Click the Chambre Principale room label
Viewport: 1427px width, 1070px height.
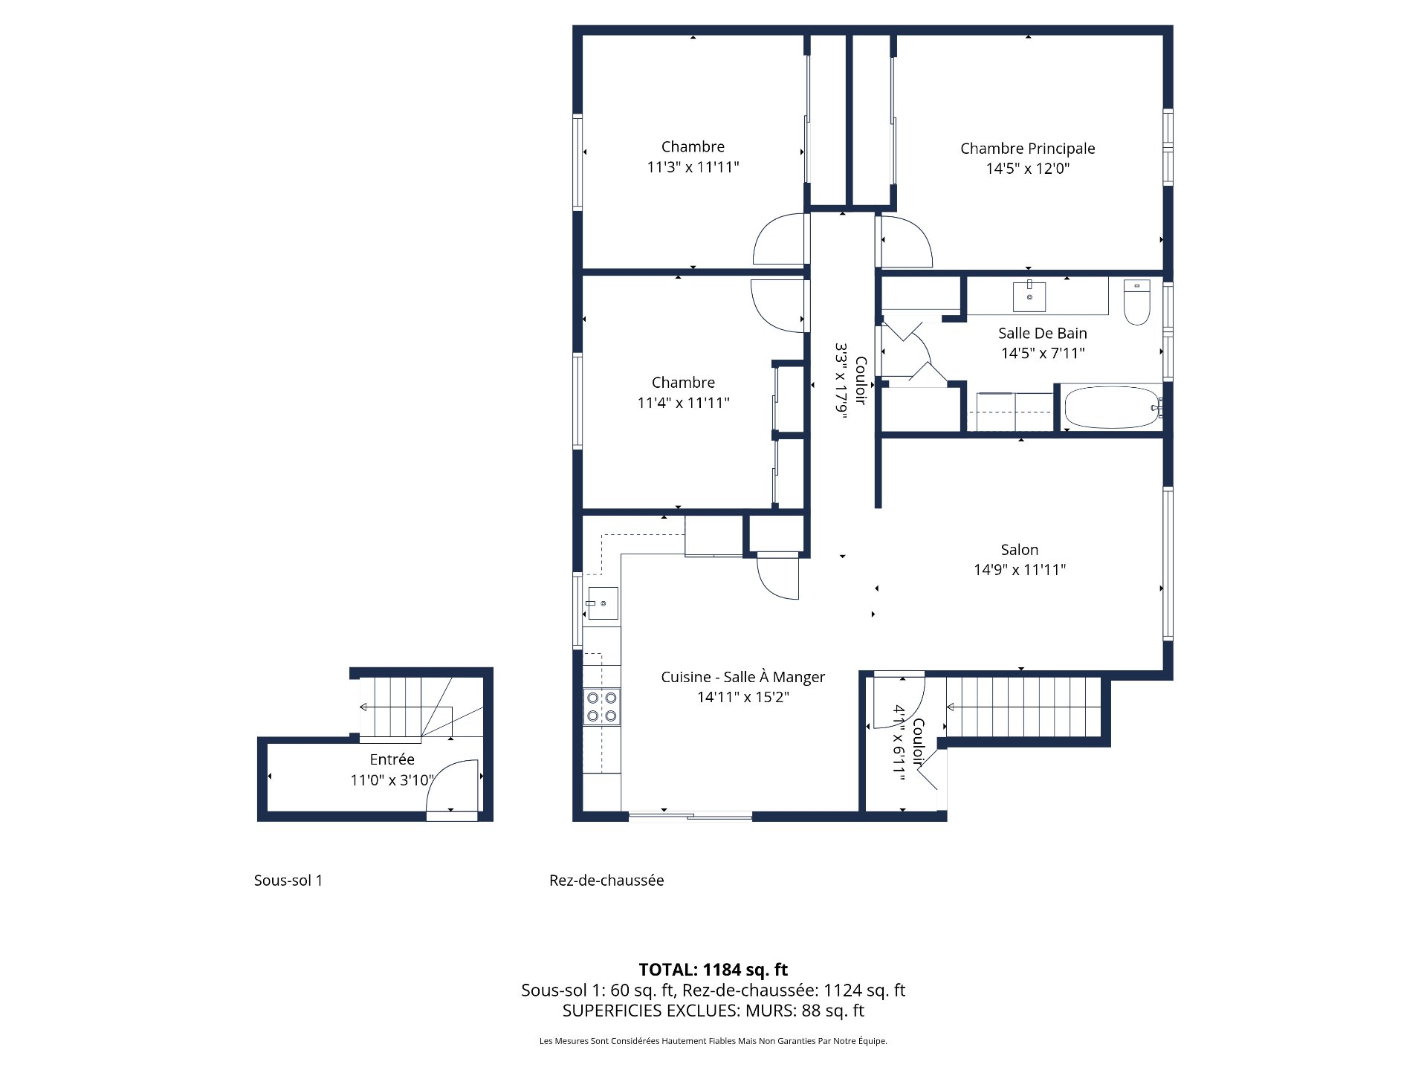point(1027,149)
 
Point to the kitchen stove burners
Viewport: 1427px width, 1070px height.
point(601,707)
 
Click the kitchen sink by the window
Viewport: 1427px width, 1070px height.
point(601,603)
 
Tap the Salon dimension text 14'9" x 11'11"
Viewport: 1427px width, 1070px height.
point(1020,570)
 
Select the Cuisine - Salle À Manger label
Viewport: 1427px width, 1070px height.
point(742,677)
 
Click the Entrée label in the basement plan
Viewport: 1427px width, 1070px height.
point(392,759)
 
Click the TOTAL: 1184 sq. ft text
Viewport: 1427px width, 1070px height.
point(713,970)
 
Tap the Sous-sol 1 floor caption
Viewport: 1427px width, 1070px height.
point(288,881)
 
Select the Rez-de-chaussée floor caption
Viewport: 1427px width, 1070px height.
point(606,881)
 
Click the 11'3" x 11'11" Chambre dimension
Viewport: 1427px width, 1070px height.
point(693,167)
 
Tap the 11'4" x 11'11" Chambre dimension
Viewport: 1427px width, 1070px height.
point(683,403)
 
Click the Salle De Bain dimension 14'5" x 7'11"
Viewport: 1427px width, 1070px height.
point(1042,354)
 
